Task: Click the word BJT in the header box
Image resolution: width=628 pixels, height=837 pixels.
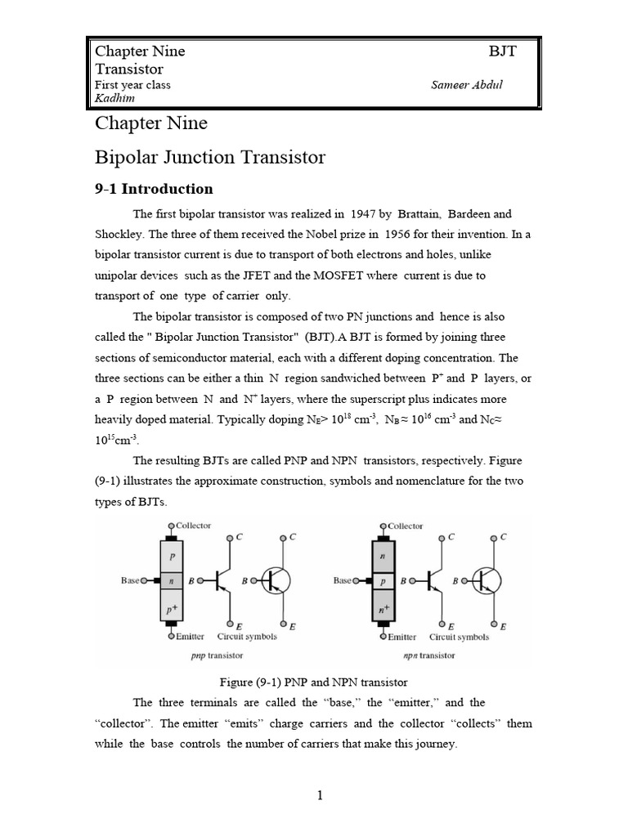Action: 502,51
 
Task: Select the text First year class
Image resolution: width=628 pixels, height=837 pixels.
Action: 132,85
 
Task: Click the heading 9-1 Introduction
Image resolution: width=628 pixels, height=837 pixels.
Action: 154,189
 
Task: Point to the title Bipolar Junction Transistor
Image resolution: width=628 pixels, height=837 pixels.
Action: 210,157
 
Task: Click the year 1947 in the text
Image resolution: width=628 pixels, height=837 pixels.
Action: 363,214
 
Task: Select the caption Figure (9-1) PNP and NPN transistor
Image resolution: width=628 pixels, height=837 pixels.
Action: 314,682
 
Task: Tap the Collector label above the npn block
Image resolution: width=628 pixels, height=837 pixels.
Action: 406,526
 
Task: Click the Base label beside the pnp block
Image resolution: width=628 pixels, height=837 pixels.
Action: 131,580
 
